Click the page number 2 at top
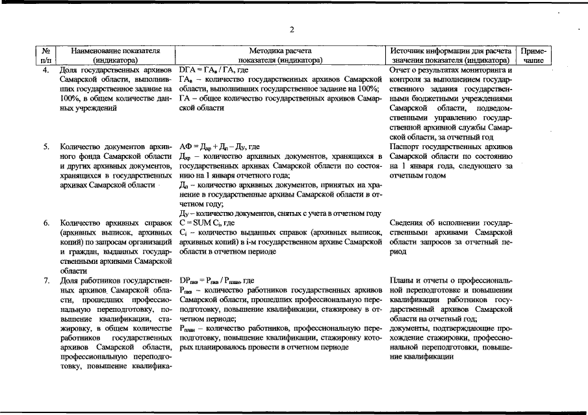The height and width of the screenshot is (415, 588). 292,30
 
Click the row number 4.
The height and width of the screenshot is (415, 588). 46,68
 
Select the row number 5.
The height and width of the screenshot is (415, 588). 46,147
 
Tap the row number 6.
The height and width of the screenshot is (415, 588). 46,223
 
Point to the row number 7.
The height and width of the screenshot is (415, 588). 46,280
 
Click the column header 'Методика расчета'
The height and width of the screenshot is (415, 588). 280,50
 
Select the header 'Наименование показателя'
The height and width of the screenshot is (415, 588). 115,50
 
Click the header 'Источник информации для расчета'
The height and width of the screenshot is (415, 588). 449,50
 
